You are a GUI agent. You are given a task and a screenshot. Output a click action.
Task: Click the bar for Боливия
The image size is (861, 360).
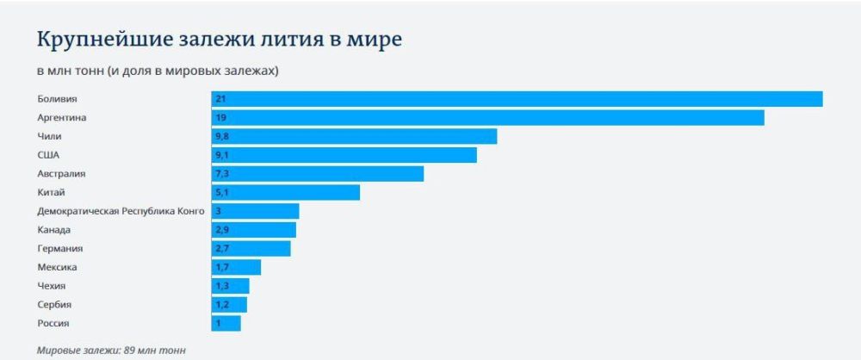click(517, 99)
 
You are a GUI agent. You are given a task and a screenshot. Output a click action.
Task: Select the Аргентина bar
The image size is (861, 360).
click(487, 117)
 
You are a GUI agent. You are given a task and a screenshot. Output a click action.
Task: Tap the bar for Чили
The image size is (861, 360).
click(354, 136)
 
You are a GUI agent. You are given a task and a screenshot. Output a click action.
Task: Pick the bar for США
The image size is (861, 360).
click(344, 155)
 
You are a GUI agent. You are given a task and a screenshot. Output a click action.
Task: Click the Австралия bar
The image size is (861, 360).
click(317, 174)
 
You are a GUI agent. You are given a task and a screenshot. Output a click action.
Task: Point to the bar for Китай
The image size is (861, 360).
click(285, 192)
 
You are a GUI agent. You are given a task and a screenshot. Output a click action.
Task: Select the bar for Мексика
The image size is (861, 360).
click(236, 267)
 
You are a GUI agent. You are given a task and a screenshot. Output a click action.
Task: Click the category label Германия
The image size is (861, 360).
click(60, 249)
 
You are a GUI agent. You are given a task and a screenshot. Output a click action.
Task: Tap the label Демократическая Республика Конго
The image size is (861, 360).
click(121, 211)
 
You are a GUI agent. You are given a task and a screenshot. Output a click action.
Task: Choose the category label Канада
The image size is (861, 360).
click(54, 230)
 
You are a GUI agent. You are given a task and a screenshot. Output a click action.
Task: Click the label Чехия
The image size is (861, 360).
click(52, 286)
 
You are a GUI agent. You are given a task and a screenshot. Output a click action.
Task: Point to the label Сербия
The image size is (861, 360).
click(54, 305)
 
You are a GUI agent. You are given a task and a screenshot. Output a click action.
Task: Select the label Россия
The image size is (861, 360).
click(53, 323)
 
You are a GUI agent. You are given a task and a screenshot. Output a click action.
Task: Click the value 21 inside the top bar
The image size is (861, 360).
click(220, 99)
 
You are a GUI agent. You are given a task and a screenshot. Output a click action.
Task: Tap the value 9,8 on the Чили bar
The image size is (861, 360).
click(222, 136)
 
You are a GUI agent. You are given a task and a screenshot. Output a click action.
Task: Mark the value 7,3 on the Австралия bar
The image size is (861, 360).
click(222, 174)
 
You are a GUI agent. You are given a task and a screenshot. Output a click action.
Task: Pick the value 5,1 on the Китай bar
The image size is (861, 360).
click(222, 192)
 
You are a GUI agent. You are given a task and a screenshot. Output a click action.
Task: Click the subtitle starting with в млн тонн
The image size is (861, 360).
click(158, 70)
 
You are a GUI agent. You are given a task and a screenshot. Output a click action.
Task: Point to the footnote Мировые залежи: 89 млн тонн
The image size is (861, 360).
click(111, 351)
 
